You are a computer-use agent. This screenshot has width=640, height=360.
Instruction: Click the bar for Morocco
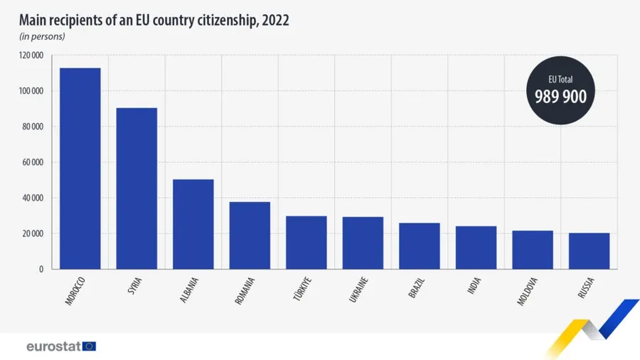[80, 169]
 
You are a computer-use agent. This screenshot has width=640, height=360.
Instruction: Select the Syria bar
[137, 189]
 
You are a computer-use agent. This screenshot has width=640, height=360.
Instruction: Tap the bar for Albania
[193, 224]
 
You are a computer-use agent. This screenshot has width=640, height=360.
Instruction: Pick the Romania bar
[250, 235]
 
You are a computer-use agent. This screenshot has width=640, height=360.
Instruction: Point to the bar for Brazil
[419, 246]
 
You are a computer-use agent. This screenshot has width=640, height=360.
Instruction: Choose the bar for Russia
[589, 251]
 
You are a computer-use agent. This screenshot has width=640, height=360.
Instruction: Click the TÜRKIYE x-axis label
[302, 289]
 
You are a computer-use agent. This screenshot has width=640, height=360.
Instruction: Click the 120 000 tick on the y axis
[32, 55]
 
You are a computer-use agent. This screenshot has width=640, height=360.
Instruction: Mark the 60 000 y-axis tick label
[34, 162]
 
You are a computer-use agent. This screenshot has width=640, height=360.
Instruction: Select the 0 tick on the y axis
[42, 269]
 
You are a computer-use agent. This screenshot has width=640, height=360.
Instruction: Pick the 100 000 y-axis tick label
[32, 91]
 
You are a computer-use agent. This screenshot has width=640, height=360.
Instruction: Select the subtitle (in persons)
[42, 36]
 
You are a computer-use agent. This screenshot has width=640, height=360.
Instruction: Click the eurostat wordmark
[53, 346]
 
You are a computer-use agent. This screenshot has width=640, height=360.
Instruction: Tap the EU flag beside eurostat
[89, 346]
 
